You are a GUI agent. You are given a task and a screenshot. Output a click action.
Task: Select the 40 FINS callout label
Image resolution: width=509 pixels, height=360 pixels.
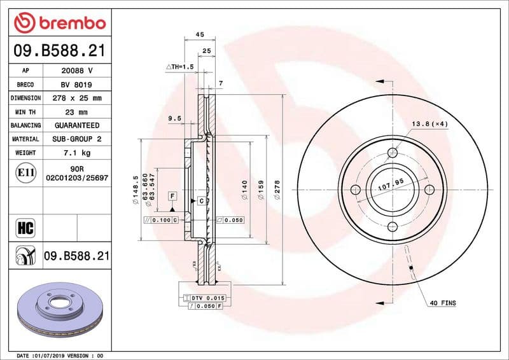click(443, 303)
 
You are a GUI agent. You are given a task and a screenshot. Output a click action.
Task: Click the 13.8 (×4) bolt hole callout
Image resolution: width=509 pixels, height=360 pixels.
click(430, 124)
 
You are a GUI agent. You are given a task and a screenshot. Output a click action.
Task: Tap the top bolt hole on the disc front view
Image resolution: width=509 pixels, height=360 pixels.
click(393, 153)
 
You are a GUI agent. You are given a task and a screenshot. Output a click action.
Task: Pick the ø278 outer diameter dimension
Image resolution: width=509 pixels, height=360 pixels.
click(277, 190)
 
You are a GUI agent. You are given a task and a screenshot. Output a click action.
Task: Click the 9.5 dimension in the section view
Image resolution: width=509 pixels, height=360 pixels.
click(175, 118)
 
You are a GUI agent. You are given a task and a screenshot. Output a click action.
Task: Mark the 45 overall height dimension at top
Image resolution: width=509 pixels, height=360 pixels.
click(199, 34)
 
